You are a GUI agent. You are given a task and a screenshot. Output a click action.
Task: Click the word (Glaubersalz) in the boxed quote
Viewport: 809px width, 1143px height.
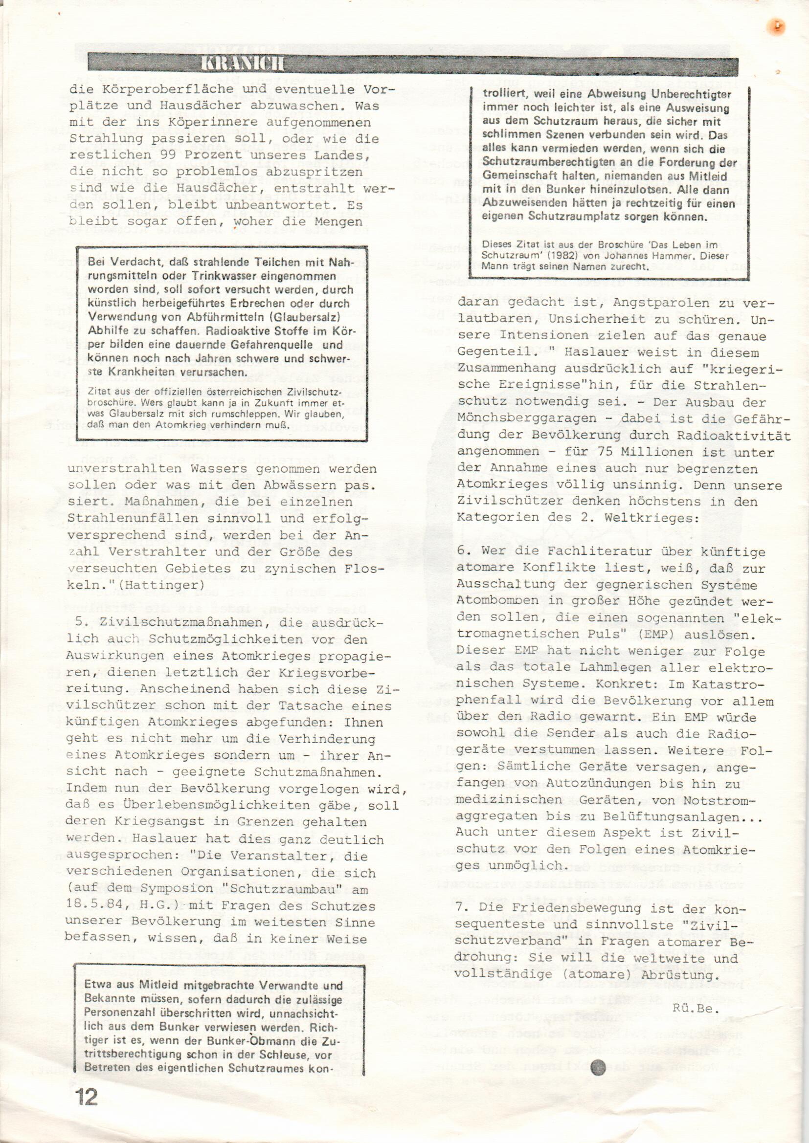[x=297, y=317]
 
